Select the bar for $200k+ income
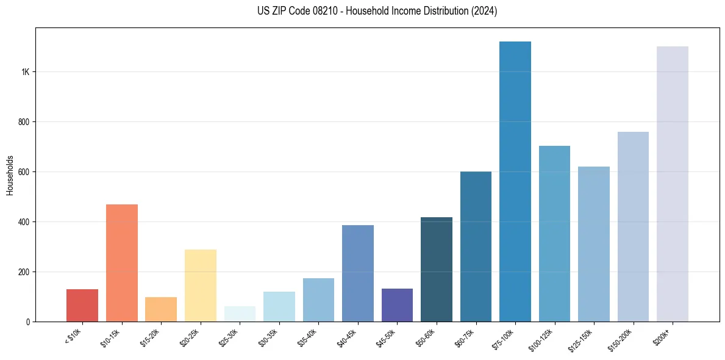673,184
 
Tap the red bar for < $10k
82,305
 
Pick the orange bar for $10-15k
122,262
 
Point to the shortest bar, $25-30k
240,314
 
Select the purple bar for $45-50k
397,304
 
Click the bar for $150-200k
633,226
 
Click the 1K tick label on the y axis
25,72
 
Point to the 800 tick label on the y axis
24,122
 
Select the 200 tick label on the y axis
24,272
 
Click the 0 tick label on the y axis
28,322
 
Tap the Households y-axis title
10,175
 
